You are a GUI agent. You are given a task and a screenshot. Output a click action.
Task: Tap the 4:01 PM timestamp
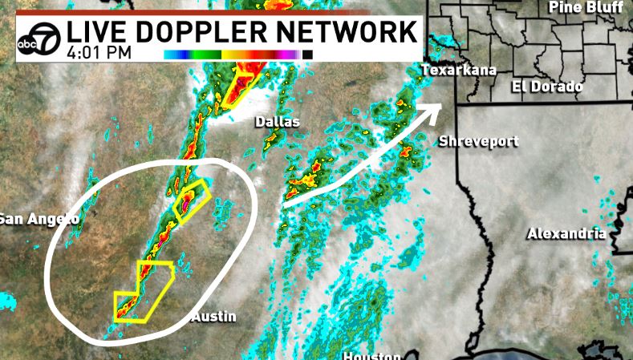click(x=100, y=55)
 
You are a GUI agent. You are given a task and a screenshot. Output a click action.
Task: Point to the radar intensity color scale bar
click(x=238, y=55)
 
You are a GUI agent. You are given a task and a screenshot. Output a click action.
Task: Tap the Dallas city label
click(x=277, y=122)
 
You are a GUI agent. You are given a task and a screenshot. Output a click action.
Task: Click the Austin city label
click(x=213, y=318)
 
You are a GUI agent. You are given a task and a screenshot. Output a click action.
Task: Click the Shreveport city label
click(x=479, y=142)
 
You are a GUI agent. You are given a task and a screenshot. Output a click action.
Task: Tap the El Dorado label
click(x=548, y=87)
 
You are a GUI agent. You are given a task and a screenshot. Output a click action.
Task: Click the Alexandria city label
click(x=566, y=234)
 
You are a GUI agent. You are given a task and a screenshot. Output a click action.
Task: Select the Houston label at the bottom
click(x=371, y=355)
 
